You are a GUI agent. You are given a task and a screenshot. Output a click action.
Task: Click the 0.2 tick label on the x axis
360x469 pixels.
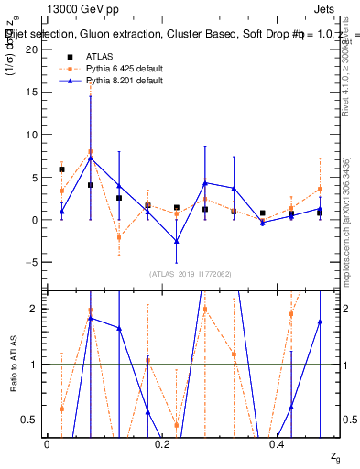click(x=162, y=442)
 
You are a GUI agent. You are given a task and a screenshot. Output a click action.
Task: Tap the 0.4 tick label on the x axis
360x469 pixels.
click(x=277, y=442)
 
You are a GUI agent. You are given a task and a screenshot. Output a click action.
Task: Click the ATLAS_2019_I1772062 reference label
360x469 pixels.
click(x=191, y=274)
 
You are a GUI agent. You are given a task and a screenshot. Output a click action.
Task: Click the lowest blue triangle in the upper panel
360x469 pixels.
click(x=177, y=241)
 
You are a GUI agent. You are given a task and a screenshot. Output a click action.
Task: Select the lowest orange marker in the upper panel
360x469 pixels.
click(x=119, y=237)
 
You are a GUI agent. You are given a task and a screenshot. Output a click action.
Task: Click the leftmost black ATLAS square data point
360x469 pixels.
click(x=61, y=169)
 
